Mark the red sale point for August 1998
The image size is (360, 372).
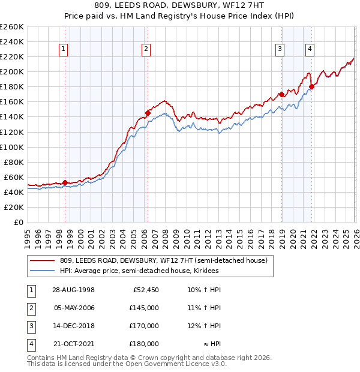pos(65,182)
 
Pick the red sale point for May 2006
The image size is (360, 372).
pos(148,113)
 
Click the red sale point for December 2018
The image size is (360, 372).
pos(281,94)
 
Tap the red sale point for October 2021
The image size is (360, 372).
pos(311,86)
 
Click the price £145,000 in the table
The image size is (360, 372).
pos(144,308)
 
